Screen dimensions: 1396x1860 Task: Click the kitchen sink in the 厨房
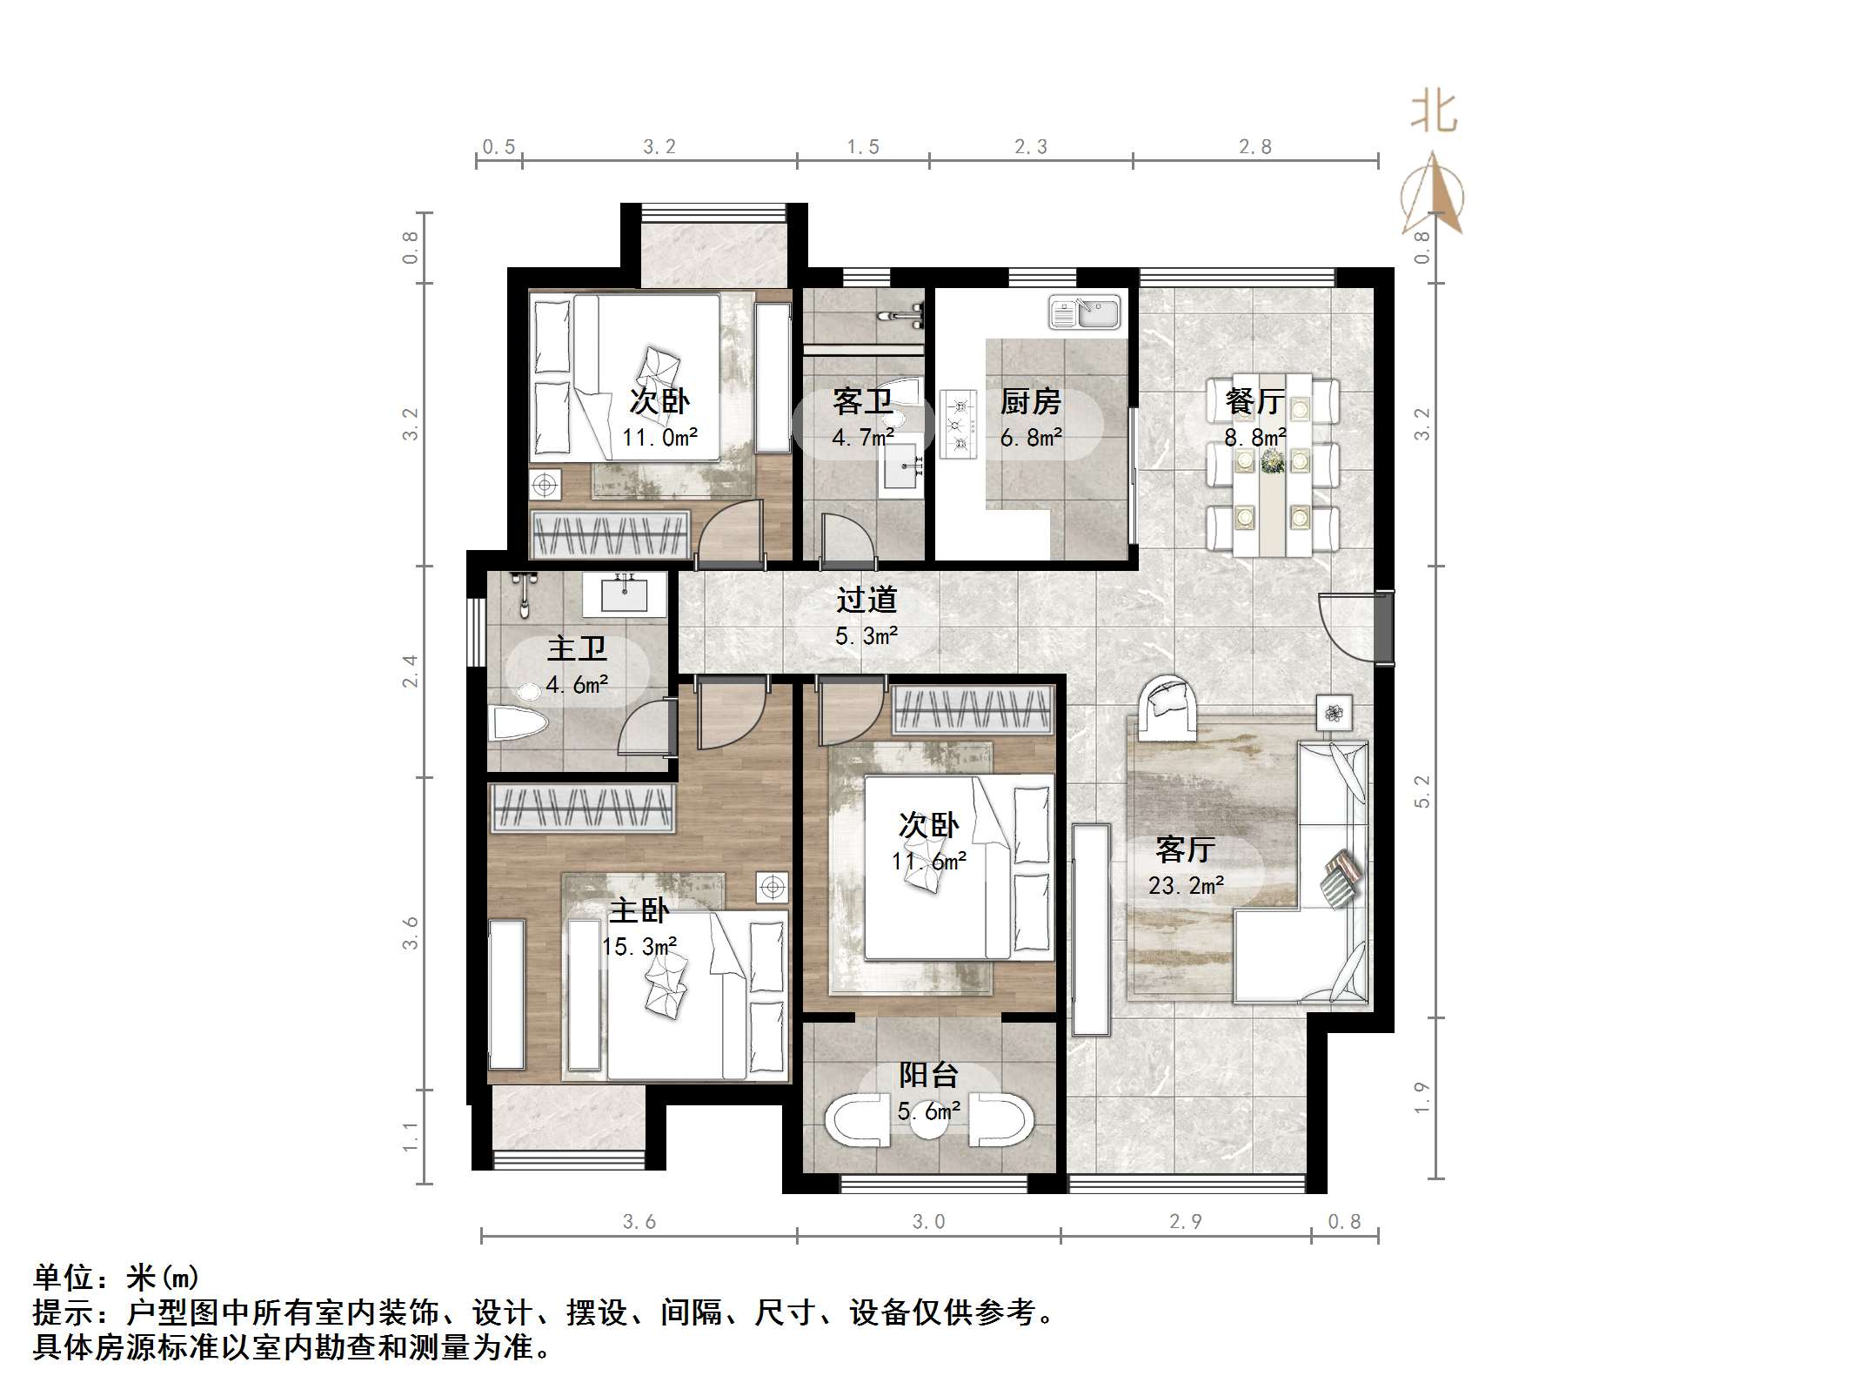click(x=1085, y=312)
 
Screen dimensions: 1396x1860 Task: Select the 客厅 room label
click(x=1185, y=849)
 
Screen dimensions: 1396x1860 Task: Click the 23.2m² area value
click(x=1186, y=886)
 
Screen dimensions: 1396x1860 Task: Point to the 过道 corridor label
click(x=866, y=600)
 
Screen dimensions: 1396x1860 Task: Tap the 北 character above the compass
click(x=1433, y=113)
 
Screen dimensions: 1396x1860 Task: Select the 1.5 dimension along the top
click(x=863, y=146)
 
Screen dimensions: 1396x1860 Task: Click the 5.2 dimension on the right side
click(x=1422, y=792)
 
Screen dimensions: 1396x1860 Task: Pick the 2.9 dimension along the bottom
click(x=1186, y=1222)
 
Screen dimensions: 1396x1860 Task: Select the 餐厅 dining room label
click(x=1254, y=401)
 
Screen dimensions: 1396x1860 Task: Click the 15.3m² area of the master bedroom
click(x=639, y=946)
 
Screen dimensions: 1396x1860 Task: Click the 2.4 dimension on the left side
click(x=410, y=671)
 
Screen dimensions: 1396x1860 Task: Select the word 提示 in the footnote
click(x=64, y=1312)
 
